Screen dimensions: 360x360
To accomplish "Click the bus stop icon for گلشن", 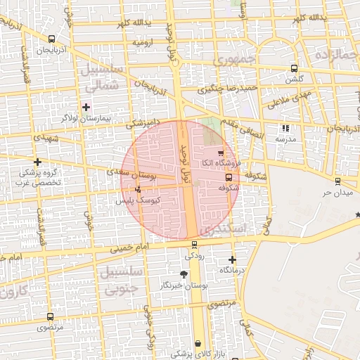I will coord(293,69).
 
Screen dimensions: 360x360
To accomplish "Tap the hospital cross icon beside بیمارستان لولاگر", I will coord(86,107).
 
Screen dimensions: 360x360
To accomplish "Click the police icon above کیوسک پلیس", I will coord(137,188).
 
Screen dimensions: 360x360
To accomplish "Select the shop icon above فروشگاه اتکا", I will coord(221,152).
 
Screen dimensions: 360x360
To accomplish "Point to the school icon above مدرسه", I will coord(285,128).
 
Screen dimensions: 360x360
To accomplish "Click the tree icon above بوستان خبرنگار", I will coord(184,274).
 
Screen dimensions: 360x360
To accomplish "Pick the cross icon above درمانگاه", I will coord(232,259).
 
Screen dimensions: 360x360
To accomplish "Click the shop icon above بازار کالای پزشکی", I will coord(199,343).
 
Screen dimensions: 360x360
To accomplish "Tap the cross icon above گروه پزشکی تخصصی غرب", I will coord(37,162).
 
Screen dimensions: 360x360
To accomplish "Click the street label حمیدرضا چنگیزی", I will coord(228,89).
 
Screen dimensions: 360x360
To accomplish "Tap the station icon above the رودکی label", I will coord(195,245).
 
